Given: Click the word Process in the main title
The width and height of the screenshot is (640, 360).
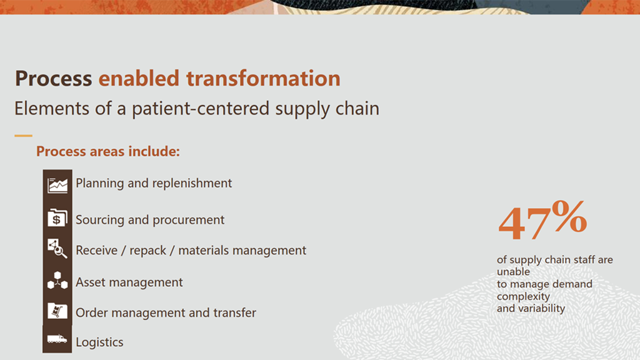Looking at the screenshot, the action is click(54, 78).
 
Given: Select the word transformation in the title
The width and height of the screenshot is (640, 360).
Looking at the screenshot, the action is click(263, 78).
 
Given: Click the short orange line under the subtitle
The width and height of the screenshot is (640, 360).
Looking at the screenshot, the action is click(23, 136).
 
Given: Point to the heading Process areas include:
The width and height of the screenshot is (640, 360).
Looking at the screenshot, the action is click(107, 151).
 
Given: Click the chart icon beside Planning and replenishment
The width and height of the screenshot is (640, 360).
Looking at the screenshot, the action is click(57, 185).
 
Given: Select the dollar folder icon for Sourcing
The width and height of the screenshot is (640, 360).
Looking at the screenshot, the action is click(57, 217).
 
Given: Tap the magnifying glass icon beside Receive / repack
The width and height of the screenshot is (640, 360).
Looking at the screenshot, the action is click(57, 249).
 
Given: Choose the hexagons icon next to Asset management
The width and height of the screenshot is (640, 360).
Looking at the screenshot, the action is click(57, 280).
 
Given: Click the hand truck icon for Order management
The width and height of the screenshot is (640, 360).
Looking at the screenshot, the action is click(57, 311).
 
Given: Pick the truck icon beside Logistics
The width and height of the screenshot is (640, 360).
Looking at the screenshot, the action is click(57, 339).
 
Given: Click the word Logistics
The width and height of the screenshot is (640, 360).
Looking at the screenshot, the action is click(99, 342).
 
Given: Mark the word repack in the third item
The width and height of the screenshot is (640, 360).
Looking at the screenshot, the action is click(147, 251).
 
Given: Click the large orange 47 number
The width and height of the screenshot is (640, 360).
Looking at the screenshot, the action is click(524, 224).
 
